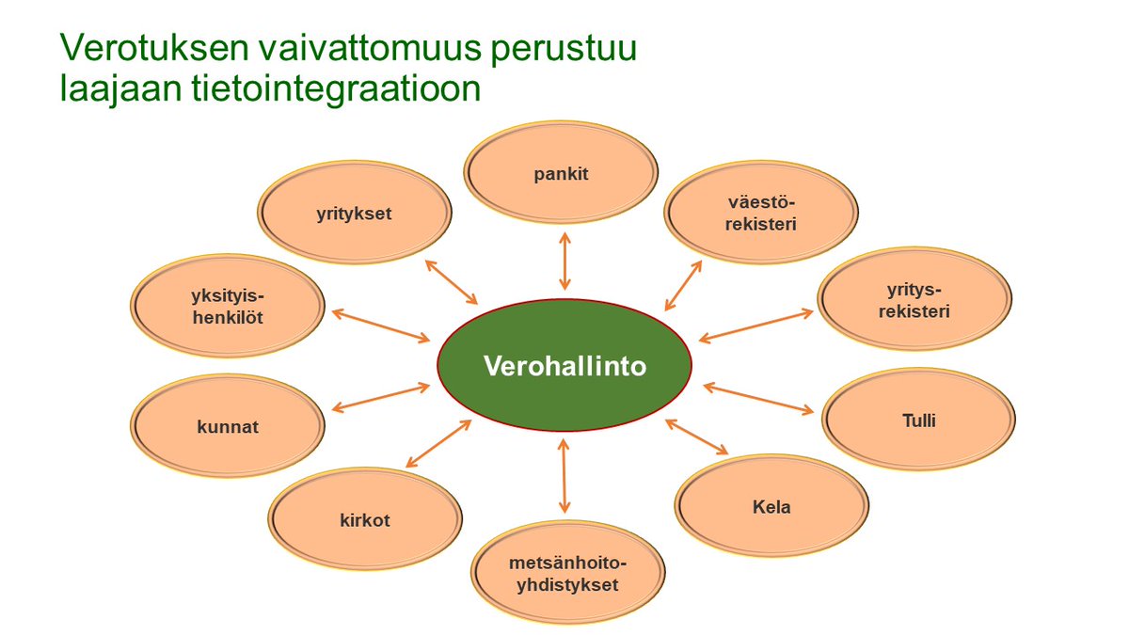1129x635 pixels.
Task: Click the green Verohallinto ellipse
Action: pos(564,365)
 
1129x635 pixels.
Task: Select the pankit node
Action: pos(561,174)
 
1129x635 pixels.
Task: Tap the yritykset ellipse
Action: pos(354,214)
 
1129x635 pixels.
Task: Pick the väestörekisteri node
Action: pos(761,212)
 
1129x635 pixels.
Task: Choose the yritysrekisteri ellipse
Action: pos(914,298)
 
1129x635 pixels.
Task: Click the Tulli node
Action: pos(918,421)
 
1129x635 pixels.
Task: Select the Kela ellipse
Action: pos(771,507)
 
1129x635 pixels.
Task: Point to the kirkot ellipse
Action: pos(365,519)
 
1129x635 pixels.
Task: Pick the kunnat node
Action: pos(229,426)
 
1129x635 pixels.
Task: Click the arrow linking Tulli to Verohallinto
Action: pos(758,398)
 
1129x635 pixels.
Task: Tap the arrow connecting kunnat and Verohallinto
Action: pos(381,397)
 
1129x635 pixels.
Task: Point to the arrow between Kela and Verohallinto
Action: pos(696,437)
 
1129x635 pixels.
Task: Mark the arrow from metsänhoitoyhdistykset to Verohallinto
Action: pos(564,473)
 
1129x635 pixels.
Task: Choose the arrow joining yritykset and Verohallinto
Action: pos(452,281)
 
